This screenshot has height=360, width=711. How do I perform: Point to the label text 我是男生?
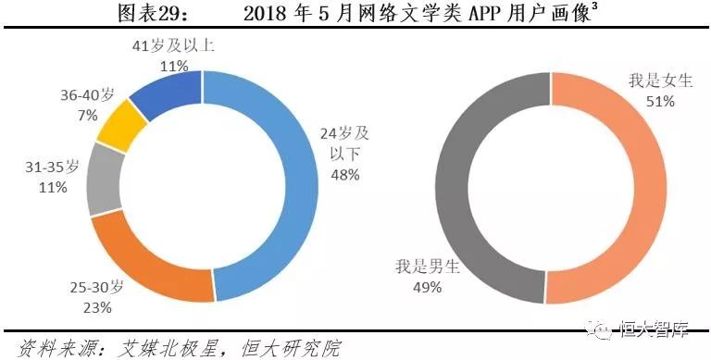[x=401, y=269]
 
